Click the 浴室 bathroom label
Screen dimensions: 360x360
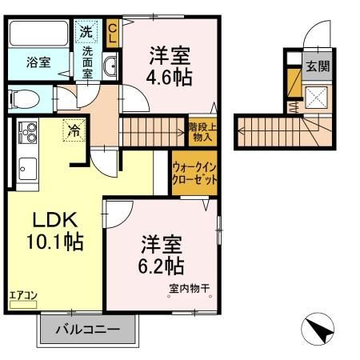tap(38, 62)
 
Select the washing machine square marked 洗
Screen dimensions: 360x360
tap(86, 32)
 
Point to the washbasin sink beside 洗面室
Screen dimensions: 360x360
tap(110, 66)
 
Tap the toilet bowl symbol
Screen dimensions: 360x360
tap(24, 99)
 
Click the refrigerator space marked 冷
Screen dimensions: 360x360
tap(74, 130)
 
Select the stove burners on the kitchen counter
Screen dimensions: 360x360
tap(27, 132)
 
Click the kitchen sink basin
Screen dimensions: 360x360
tap(28, 169)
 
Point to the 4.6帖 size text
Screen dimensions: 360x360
tap(170, 77)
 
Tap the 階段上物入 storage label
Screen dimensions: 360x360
tap(202, 132)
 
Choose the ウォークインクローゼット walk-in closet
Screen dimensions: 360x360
tap(194, 173)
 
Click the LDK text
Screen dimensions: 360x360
tap(55, 219)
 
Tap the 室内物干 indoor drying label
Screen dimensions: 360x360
tap(189, 288)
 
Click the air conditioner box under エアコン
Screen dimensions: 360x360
tap(23, 305)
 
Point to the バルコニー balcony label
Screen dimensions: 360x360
tap(88, 330)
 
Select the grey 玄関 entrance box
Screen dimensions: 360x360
tap(318, 66)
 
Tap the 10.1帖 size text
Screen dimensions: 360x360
tap(55, 242)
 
